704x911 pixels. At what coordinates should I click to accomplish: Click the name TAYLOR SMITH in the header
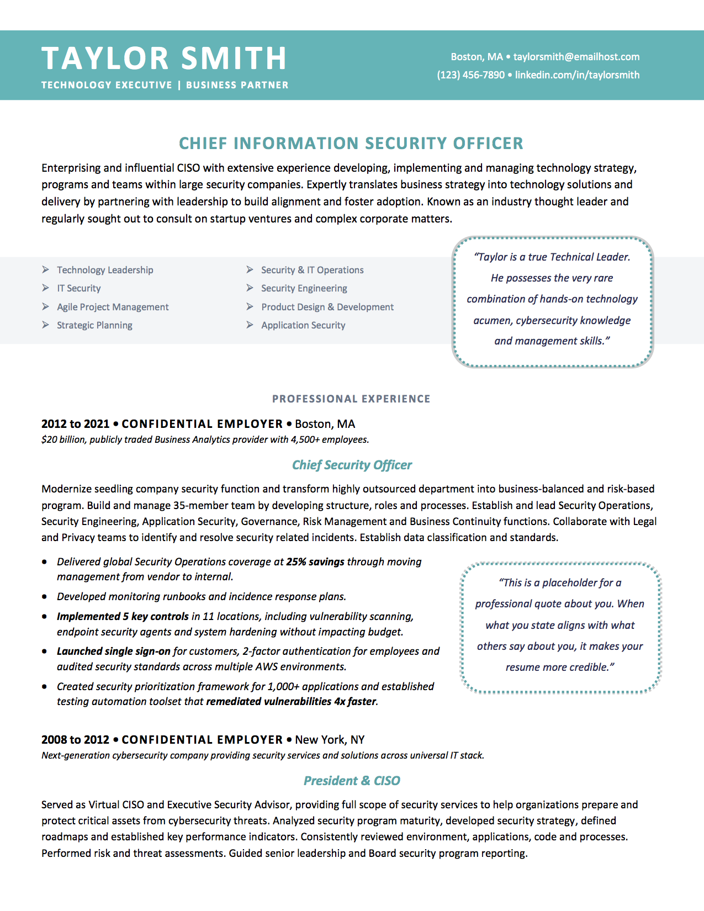164,59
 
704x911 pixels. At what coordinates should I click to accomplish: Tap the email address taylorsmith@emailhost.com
576,57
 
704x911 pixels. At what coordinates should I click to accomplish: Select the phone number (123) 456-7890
470,75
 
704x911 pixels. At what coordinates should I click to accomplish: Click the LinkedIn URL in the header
577,75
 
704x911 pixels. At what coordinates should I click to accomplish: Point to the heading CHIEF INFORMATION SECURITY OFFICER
351,144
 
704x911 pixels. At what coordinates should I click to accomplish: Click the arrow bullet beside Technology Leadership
45,269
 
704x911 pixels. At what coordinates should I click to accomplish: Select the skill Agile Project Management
113,307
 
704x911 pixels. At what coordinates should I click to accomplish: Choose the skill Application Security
303,325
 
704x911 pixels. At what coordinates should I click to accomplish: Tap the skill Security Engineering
304,288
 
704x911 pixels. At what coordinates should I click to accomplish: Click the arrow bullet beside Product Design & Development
250,306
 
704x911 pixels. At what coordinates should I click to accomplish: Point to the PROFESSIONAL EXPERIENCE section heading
351,399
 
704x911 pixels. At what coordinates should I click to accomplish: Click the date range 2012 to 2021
76,424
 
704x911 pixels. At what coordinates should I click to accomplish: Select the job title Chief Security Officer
352,465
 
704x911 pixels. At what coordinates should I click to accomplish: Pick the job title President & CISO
352,781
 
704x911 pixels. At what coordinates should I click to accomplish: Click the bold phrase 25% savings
315,562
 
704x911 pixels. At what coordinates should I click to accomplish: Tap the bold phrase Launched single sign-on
113,652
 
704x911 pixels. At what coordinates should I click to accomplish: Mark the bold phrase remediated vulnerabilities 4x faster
291,702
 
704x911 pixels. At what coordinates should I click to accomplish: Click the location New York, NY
330,740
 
